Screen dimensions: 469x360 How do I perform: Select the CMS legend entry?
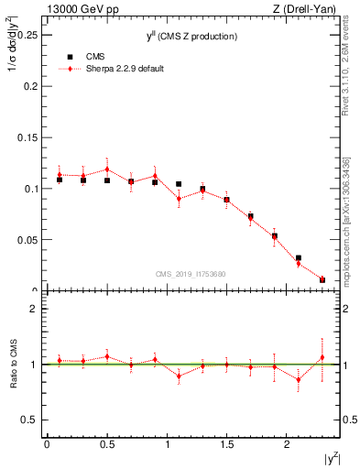tap(100, 57)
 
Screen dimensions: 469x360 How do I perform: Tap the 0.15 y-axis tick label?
tap(27, 137)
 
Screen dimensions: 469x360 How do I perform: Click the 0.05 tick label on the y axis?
tap(27, 240)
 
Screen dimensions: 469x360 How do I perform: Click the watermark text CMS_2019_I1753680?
tap(191, 274)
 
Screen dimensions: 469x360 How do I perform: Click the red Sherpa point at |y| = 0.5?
tap(107, 169)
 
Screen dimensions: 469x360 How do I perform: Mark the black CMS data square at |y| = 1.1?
tap(179, 184)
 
